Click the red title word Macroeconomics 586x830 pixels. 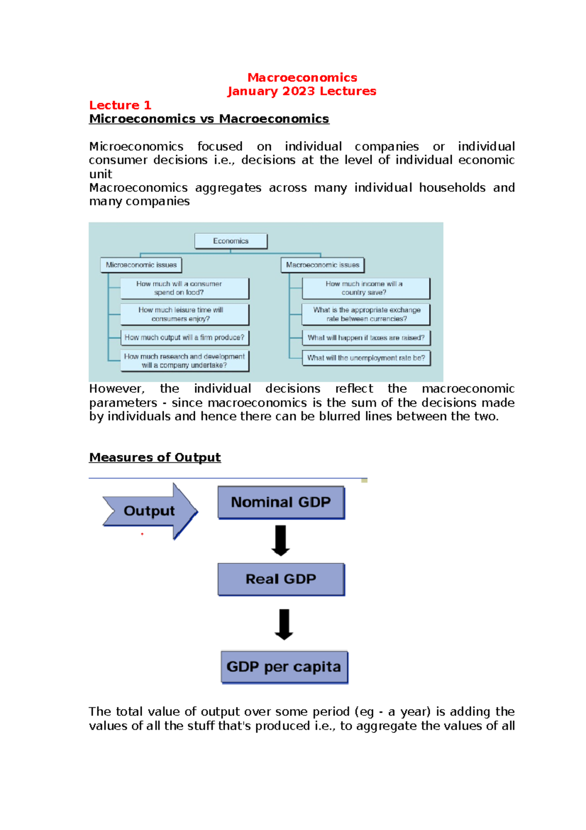pos(302,78)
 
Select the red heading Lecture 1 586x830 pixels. pos(120,105)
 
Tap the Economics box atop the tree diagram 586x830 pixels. pos(230,241)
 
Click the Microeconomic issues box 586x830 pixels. pos(141,265)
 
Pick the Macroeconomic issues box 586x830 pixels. pos(322,265)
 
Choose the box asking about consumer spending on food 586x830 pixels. pos(185,288)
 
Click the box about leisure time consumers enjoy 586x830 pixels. pos(185,314)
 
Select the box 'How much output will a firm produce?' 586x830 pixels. pos(185,337)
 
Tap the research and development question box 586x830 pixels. pos(185,361)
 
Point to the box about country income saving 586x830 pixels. pos(366,288)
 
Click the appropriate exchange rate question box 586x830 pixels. pos(366,314)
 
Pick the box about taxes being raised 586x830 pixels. pos(366,338)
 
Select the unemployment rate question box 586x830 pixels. pos(366,358)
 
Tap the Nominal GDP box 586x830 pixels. pos(281,502)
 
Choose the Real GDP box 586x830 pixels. pos(281,579)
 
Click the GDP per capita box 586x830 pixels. pos(284,667)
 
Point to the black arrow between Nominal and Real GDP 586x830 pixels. pos(280,540)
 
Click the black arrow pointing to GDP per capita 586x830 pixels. pos(284,624)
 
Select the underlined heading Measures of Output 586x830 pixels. pos(155,458)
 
